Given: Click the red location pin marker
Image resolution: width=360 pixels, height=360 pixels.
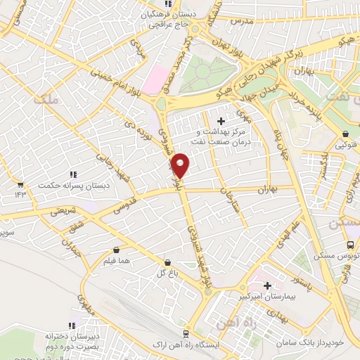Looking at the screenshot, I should point(181,165).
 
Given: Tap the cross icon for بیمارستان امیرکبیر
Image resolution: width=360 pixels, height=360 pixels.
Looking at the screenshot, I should point(267,285).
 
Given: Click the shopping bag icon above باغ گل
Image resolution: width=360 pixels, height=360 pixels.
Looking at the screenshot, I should point(166,262).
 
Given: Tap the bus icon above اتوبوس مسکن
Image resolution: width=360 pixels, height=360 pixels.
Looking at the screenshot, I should point(350,245).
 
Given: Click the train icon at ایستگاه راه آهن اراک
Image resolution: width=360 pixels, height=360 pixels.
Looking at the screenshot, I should point(185,333).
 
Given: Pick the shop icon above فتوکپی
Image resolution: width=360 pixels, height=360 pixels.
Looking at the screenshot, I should point(345,135).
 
